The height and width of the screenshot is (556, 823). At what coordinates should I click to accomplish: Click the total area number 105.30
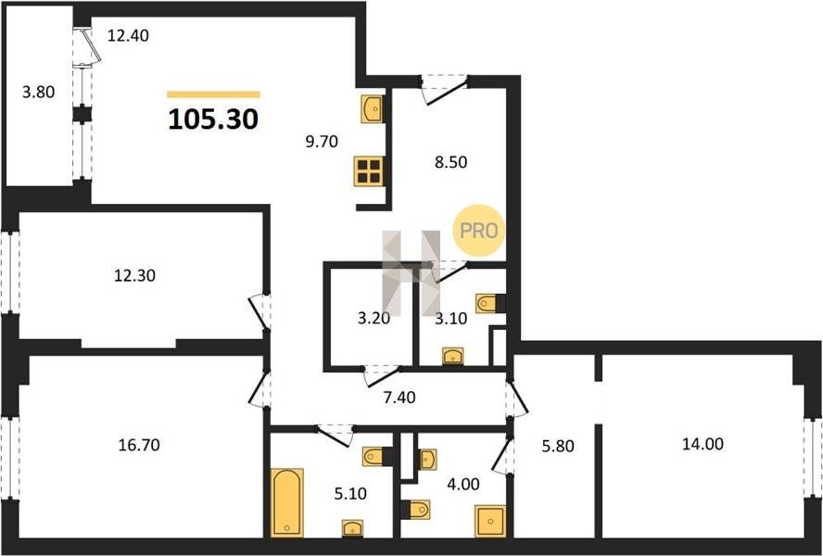(213, 120)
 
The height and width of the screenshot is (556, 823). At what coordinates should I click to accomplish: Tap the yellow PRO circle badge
(478, 230)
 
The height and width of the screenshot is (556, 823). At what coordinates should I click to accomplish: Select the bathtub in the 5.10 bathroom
(286, 502)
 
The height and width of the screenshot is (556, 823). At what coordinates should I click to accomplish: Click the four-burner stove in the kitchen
(369, 171)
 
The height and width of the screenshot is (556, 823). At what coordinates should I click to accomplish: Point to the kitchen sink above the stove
(373, 109)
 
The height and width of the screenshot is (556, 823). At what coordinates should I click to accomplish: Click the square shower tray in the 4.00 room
(490, 521)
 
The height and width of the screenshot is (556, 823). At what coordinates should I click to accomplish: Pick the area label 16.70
(139, 445)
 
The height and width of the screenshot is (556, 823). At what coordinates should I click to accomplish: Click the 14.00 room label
(703, 444)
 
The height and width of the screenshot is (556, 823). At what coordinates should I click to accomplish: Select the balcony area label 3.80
(38, 93)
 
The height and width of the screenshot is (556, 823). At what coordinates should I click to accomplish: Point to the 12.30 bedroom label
(135, 275)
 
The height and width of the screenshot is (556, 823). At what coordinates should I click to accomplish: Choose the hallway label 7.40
(399, 398)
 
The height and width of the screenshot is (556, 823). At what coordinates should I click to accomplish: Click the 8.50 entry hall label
(450, 162)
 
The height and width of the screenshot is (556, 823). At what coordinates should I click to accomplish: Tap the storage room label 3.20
(374, 318)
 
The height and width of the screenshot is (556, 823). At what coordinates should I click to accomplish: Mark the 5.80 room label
(558, 447)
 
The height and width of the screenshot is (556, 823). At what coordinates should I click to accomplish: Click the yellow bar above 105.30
(213, 95)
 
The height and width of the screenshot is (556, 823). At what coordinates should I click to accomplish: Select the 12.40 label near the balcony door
(128, 36)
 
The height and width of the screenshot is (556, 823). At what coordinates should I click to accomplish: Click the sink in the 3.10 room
(452, 356)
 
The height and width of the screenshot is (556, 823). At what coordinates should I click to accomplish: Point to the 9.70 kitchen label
(322, 141)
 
